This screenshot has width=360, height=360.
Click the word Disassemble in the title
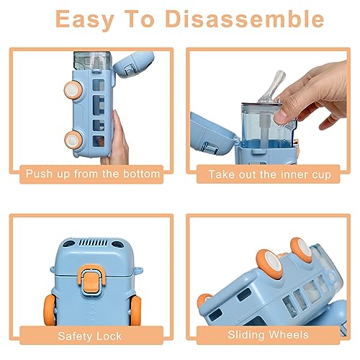(x=245, y=19)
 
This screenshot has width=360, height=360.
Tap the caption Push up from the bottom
(x=93, y=174)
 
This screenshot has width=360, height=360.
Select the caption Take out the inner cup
(x=270, y=174)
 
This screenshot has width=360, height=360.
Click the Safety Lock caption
(x=89, y=336)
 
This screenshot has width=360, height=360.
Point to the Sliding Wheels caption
(x=268, y=335)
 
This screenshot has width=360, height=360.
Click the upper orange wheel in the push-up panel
(x=73, y=90)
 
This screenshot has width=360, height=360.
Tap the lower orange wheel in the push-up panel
(x=73, y=140)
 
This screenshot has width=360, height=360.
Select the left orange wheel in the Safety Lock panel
(x=50, y=310)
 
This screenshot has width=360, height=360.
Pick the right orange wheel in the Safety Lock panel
(x=135, y=310)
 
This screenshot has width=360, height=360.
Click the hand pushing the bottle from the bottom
(x=117, y=140)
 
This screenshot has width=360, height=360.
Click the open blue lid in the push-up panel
(x=133, y=64)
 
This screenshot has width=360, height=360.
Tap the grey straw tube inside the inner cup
(x=266, y=130)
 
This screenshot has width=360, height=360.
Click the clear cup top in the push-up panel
(x=92, y=60)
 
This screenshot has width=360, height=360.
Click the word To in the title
(x=139, y=19)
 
